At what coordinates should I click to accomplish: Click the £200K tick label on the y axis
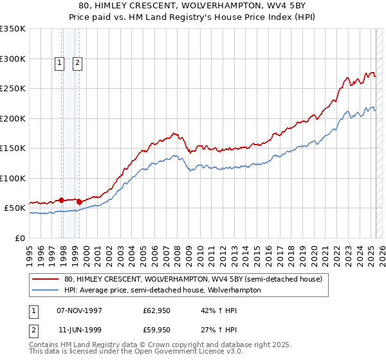coord(12,118)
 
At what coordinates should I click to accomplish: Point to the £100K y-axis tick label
coord(12,178)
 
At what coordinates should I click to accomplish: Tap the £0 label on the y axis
coord(19,238)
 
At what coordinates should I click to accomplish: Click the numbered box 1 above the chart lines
coord(59,63)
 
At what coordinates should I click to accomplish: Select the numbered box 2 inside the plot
coord(77,63)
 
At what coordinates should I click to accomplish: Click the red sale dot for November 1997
coord(62,201)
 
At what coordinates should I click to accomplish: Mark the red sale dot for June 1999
coord(80,203)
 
